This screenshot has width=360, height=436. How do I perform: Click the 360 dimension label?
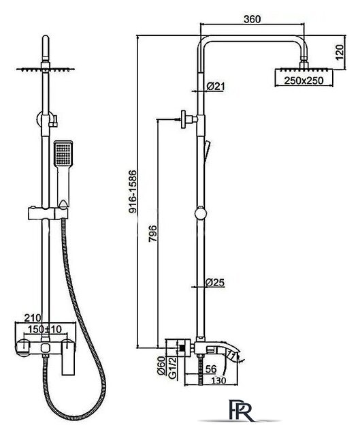[x=252, y=19]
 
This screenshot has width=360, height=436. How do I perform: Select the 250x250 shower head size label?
[x=304, y=80]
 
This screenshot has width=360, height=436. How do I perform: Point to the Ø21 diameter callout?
[x=216, y=87]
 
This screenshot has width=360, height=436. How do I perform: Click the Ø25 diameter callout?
[x=215, y=282]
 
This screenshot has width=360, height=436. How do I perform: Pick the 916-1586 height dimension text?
[x=133, y=192]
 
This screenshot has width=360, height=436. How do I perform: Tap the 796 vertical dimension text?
[x=152, y=234]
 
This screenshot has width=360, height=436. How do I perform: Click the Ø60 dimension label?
[x=161, y=366]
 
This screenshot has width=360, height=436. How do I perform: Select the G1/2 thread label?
[x=172, y=368]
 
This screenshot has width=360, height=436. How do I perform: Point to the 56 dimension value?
[x=211, y=369]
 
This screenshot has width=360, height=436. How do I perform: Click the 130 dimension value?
[x=218, y=380]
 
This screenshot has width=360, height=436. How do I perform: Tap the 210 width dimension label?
[x=33, y=317]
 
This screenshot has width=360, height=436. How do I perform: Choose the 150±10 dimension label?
[x=44, y=329]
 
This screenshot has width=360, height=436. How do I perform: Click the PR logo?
[x=241, y=410]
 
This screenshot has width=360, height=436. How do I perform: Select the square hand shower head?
[x=63, y=154]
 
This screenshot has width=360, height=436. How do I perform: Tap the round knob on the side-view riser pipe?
[x=201, y=214]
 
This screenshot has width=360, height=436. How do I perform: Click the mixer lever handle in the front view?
[x=67, y=357]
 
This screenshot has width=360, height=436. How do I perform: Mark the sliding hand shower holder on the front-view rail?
[x=48, y=213]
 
